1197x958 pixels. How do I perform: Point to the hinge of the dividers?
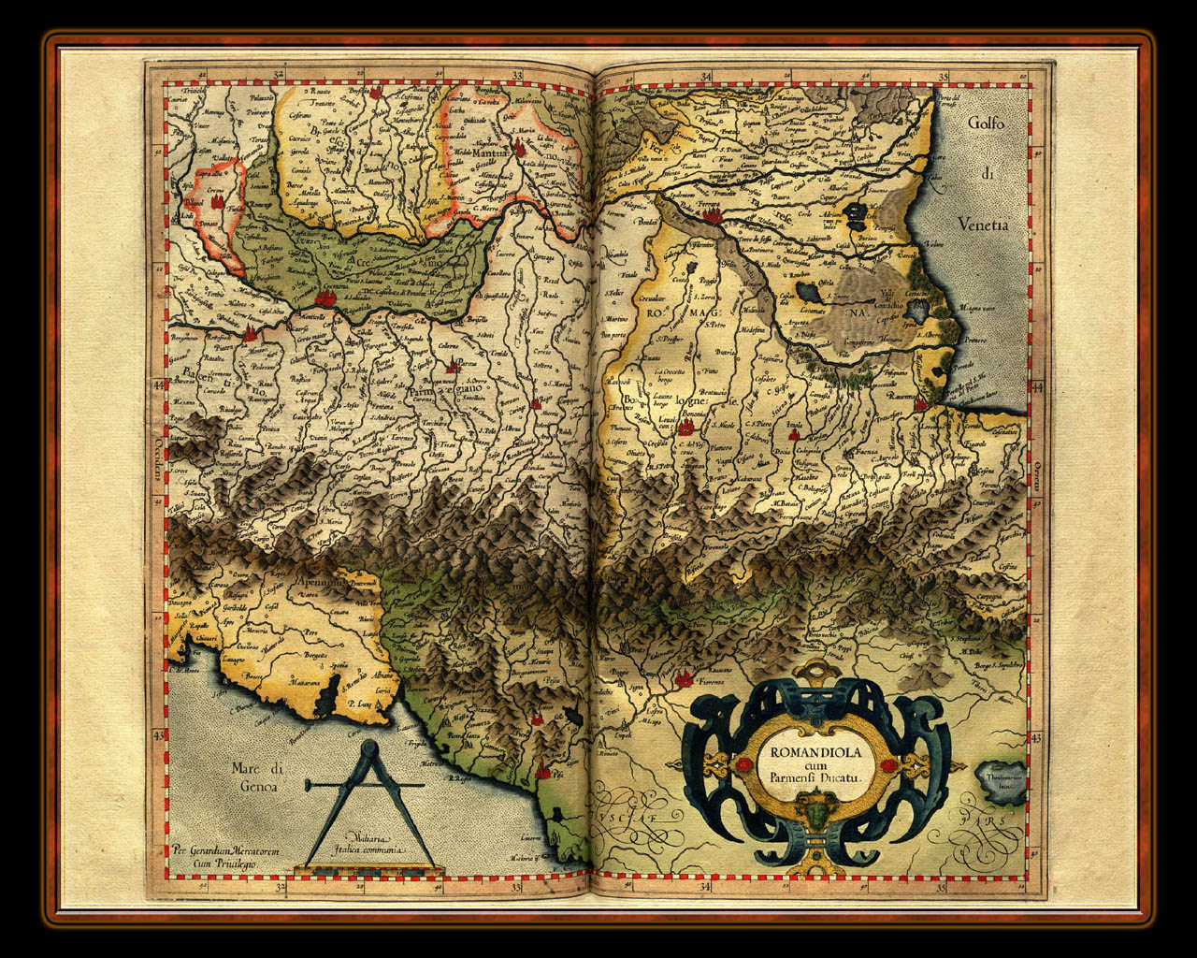tap(368, 748)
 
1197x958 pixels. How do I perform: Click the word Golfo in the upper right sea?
tap(991, 123)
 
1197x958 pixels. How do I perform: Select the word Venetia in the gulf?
tap(984, 225)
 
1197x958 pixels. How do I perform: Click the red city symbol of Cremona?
tap(326, 298)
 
